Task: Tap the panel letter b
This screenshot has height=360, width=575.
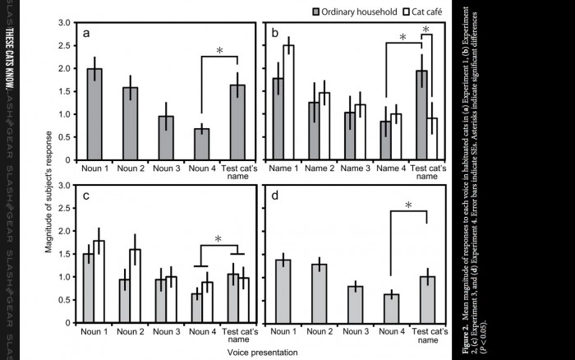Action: (276, 35)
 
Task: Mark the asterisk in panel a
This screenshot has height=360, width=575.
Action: (219, 52)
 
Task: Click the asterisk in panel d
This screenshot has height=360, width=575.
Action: (408, 205)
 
